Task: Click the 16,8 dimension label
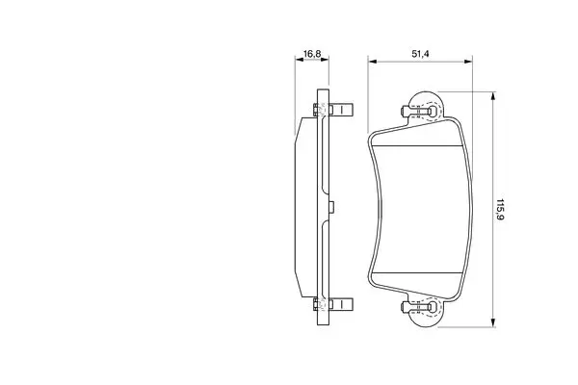pyautogui.click(x=312, y=54)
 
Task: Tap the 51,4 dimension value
pyautogui.click(x=420, y=54)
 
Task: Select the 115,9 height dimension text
pyautogui.click(x=500, y=209)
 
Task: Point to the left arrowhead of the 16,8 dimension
pyautogui.click(x=299, y=60)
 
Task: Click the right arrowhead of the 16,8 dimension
pyautogui.click(x=325, y=60)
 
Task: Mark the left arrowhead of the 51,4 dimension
pyautogui.click(x=372, y=62)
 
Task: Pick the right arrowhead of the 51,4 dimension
pyautogui.click(x=468, y=62)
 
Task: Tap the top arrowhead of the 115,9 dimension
pyautogui.click(x=493, y=96)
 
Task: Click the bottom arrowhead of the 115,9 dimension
pyautogui.click(x=493, y=322)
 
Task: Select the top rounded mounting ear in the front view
pyautogui.click(x=427, y=106)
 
